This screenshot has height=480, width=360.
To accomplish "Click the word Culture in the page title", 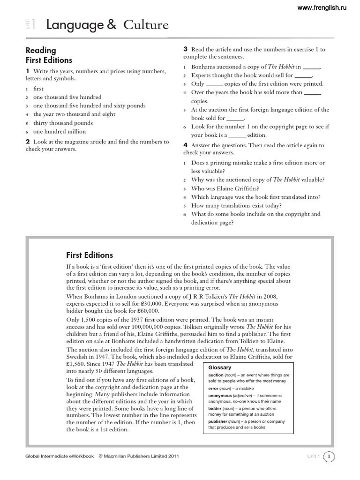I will (146, 25).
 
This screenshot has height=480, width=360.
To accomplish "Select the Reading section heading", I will (41, 50).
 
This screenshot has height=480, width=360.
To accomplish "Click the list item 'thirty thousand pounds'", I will (63, 123).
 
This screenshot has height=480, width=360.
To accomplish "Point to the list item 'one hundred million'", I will (60, 132).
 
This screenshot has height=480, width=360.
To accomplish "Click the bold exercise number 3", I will (186, 49).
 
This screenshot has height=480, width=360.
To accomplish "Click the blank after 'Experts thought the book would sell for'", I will (303, 75).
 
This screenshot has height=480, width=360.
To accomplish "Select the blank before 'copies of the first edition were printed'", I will (215, 84).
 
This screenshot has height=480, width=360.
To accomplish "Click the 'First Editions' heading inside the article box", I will (90, 255).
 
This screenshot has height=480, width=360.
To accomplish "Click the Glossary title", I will (220, 368).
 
